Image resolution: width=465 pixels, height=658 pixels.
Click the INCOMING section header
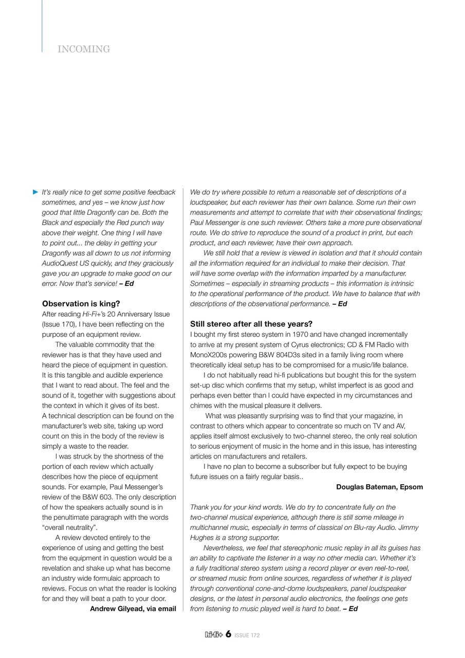click(84, 49)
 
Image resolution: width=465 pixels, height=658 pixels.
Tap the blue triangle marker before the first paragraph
click(35, 192)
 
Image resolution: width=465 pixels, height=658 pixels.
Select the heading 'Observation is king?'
click(81, 304)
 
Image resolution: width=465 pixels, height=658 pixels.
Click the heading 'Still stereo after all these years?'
click(251, 324)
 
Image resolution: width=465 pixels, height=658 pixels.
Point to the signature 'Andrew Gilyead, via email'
click(133, 609)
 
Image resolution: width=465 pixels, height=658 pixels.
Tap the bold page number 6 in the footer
click(228, 634)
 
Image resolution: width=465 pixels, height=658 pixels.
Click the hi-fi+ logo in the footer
click(213, 635)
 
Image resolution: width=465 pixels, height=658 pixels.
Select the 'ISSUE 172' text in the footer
click(247, 635)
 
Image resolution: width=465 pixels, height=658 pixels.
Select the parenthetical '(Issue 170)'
click(60, 324)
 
